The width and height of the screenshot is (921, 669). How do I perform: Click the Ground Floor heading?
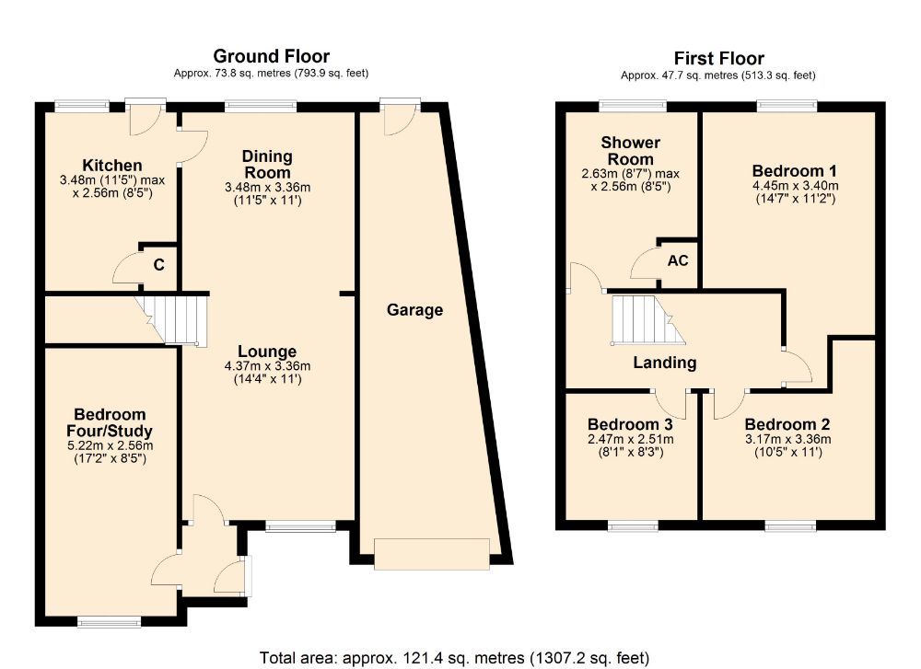pyautogui.click(x=271, y=57)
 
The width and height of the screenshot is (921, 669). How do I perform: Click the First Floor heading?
pyautogui.click(x=718, y=59)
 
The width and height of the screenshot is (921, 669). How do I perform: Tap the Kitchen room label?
pyautogui.click(x=111, y=166)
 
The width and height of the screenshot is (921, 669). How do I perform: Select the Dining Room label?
pyautogui.click(x=267, y=164)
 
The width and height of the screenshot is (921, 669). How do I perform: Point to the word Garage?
pyautogui.click(x=414, y=310)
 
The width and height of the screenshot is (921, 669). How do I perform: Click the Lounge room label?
pyautogui.click(x=267, y=352)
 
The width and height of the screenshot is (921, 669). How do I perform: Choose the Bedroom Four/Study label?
pyautogui.click(x=110, y=422)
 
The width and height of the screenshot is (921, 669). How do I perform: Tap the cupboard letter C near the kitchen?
pyautogui.click(x=158, y=266)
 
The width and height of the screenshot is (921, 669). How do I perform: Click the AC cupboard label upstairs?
pyautogui.click(x=677, y=260)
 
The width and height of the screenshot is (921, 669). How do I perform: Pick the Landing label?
pyautogui.click(x=664, y=363)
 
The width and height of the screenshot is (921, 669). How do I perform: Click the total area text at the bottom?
pyautogui.click(x=455, y=657)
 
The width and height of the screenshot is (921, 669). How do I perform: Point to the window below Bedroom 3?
pyautogui.click(x=632, y=527)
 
